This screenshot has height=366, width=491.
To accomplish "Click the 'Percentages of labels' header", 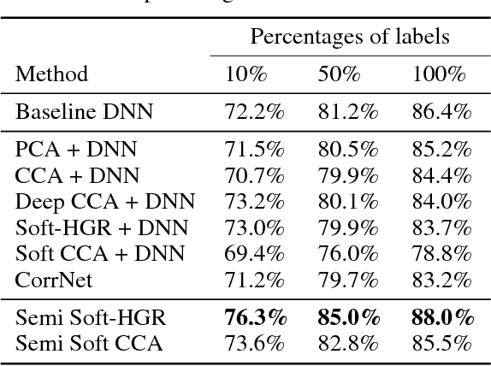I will click(x=350, y=37).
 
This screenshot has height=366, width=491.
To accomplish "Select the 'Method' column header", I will click(x=51, y=74).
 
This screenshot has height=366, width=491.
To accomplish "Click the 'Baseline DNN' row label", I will click(x=74, y=112).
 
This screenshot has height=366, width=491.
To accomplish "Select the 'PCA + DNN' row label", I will click(x=76, y=151).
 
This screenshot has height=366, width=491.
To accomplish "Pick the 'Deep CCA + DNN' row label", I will click(x=104, y=202).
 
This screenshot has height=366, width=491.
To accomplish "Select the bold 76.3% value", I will click(x=254, y=317).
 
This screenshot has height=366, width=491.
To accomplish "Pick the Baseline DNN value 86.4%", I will click(x=441, y=112).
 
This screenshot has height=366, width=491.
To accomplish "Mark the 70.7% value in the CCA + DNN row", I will click(x=254, y=176).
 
